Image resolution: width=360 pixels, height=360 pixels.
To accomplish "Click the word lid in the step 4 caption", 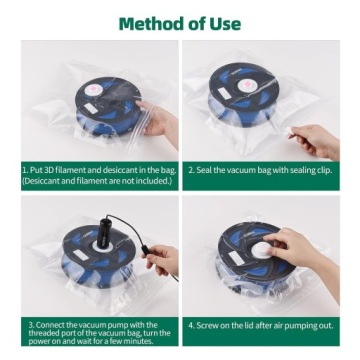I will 258,325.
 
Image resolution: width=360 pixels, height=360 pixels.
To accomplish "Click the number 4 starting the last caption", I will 190,325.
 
